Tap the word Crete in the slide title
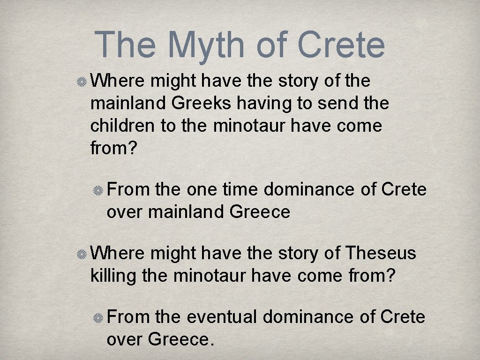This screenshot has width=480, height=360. [341, 45]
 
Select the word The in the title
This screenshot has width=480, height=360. [125, 45]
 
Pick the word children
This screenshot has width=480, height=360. [122, 126]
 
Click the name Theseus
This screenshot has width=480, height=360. [381, 253]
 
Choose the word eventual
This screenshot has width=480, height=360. [222, 317]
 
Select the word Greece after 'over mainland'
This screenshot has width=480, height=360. [260, 212]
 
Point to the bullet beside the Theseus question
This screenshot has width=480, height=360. [82, 254]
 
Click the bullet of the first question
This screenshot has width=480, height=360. [82, 82]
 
